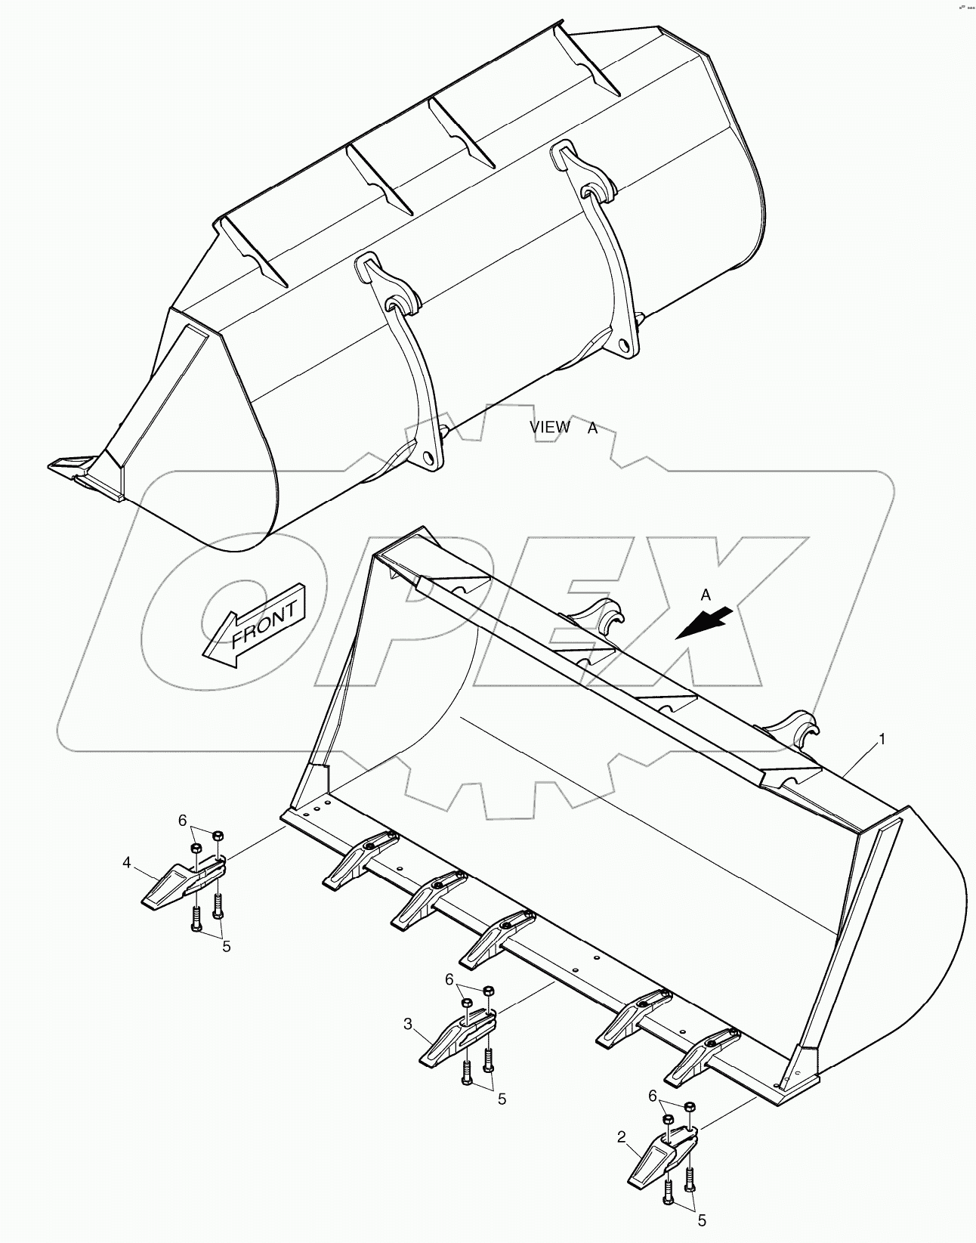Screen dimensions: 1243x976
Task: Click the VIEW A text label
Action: tap(563, 428)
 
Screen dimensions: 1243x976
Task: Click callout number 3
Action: tap(408, 1025)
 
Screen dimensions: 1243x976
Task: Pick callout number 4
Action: tap(128, 861)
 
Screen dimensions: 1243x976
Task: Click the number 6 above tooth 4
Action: tap(182, 820)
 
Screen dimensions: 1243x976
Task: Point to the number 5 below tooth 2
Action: tap(701, 1219)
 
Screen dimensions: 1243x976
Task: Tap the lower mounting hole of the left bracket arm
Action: tap(429, 459)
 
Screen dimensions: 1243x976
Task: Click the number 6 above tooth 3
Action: tap(449, 979)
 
